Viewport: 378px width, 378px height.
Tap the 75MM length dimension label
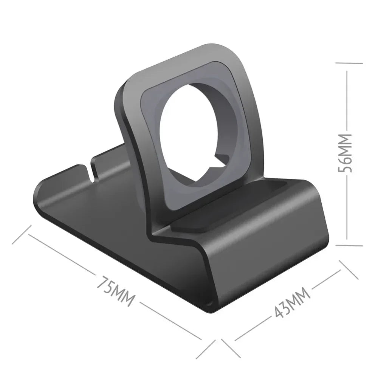coord(115,291)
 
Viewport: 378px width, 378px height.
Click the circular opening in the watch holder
coord(187,133)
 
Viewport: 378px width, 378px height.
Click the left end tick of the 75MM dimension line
coord(20,235)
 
